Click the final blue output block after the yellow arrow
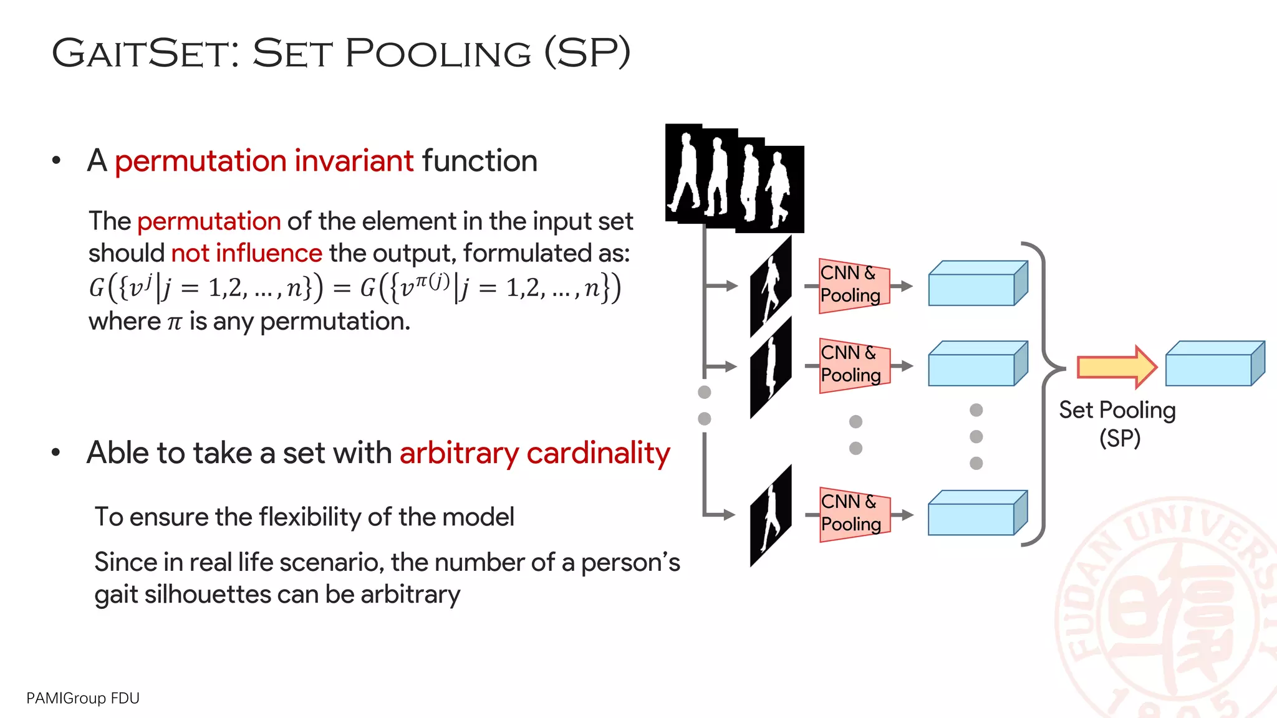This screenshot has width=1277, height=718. point(1214,364)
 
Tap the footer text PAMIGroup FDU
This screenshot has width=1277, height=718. point(83,698)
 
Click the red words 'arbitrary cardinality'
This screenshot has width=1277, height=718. point(534,453)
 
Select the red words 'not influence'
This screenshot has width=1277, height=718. point(246,254)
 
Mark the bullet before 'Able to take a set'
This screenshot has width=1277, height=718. point(56,452)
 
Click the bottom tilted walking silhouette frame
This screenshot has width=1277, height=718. point(771,515)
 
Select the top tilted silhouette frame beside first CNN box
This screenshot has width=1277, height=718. point(771,286)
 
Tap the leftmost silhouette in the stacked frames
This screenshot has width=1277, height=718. point(685,171)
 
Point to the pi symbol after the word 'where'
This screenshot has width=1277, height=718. point(175,322)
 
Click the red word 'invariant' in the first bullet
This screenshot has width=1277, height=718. point(354,161)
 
